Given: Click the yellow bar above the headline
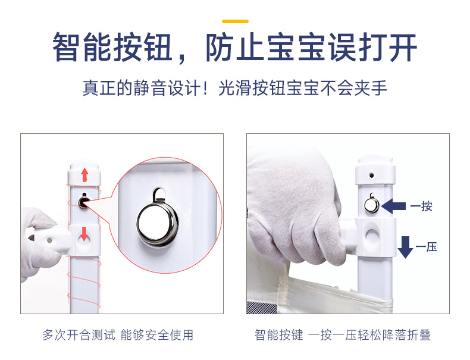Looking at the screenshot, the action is [235, 21].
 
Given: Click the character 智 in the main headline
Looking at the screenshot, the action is [66, 47].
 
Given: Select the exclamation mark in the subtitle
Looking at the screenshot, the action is [205, 87].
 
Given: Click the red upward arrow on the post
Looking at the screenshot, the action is [84, 174].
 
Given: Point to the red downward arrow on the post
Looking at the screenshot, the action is [84, 233].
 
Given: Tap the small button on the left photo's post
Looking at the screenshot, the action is [83, 202].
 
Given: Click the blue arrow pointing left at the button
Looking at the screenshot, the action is [394, 206].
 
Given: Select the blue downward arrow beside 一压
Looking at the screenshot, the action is [405, 248].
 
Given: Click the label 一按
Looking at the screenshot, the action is [421, 206].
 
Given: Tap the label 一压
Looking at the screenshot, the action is [426, 248].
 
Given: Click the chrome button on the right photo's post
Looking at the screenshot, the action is [372, 205].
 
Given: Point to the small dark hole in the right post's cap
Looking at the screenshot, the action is [371, 175].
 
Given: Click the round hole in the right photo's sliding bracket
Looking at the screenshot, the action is [372, 236].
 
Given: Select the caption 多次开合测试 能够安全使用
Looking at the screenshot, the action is [118, 335].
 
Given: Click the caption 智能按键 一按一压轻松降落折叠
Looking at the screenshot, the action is [343, 335].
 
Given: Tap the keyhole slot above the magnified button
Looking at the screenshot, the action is [159, 195].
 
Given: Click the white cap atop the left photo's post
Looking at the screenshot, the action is [84, 173].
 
